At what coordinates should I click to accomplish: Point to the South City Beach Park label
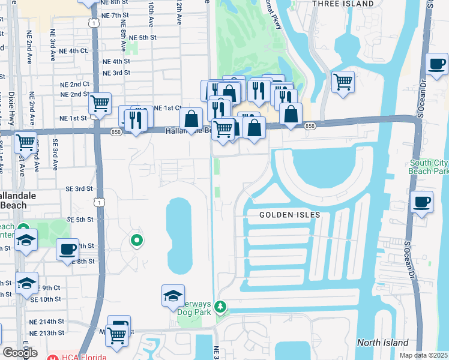(x=429, y=167)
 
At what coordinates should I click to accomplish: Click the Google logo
(x=20, y=353)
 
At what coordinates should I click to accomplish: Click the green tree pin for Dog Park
(x=221, y=307)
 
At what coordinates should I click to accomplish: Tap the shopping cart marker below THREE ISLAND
(x=343, y=80)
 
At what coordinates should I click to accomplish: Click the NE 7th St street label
(x=116, y=15)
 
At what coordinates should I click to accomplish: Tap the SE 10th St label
(x=46, y=299)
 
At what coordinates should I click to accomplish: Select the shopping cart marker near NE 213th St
(x=116, y=337)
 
